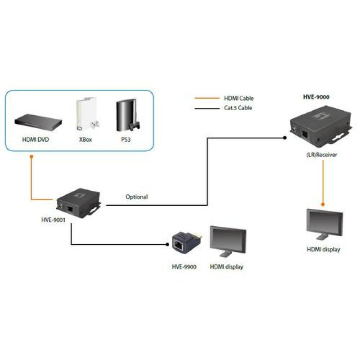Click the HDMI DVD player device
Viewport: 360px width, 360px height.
point(36,121)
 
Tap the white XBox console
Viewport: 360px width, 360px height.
point(85,113)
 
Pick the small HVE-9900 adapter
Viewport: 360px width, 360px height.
point(184,245)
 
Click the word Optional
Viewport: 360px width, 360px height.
point(136,197)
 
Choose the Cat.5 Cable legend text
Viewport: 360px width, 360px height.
point(238,108)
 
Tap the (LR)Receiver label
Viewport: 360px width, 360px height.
point(321,155)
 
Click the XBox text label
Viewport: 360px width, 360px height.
point(85,140)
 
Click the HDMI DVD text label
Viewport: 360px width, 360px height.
point(36,140)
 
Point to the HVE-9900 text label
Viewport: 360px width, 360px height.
point(184,267)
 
